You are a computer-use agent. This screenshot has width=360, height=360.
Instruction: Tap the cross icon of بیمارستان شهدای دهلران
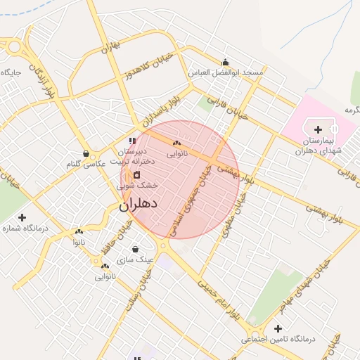[319, 129]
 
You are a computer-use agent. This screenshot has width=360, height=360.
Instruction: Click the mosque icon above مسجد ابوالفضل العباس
[225, 62]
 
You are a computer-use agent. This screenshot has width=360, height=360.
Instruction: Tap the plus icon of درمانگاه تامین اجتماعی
[278, 328]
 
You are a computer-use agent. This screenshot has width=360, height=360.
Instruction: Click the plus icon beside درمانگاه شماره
[22, 217]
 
